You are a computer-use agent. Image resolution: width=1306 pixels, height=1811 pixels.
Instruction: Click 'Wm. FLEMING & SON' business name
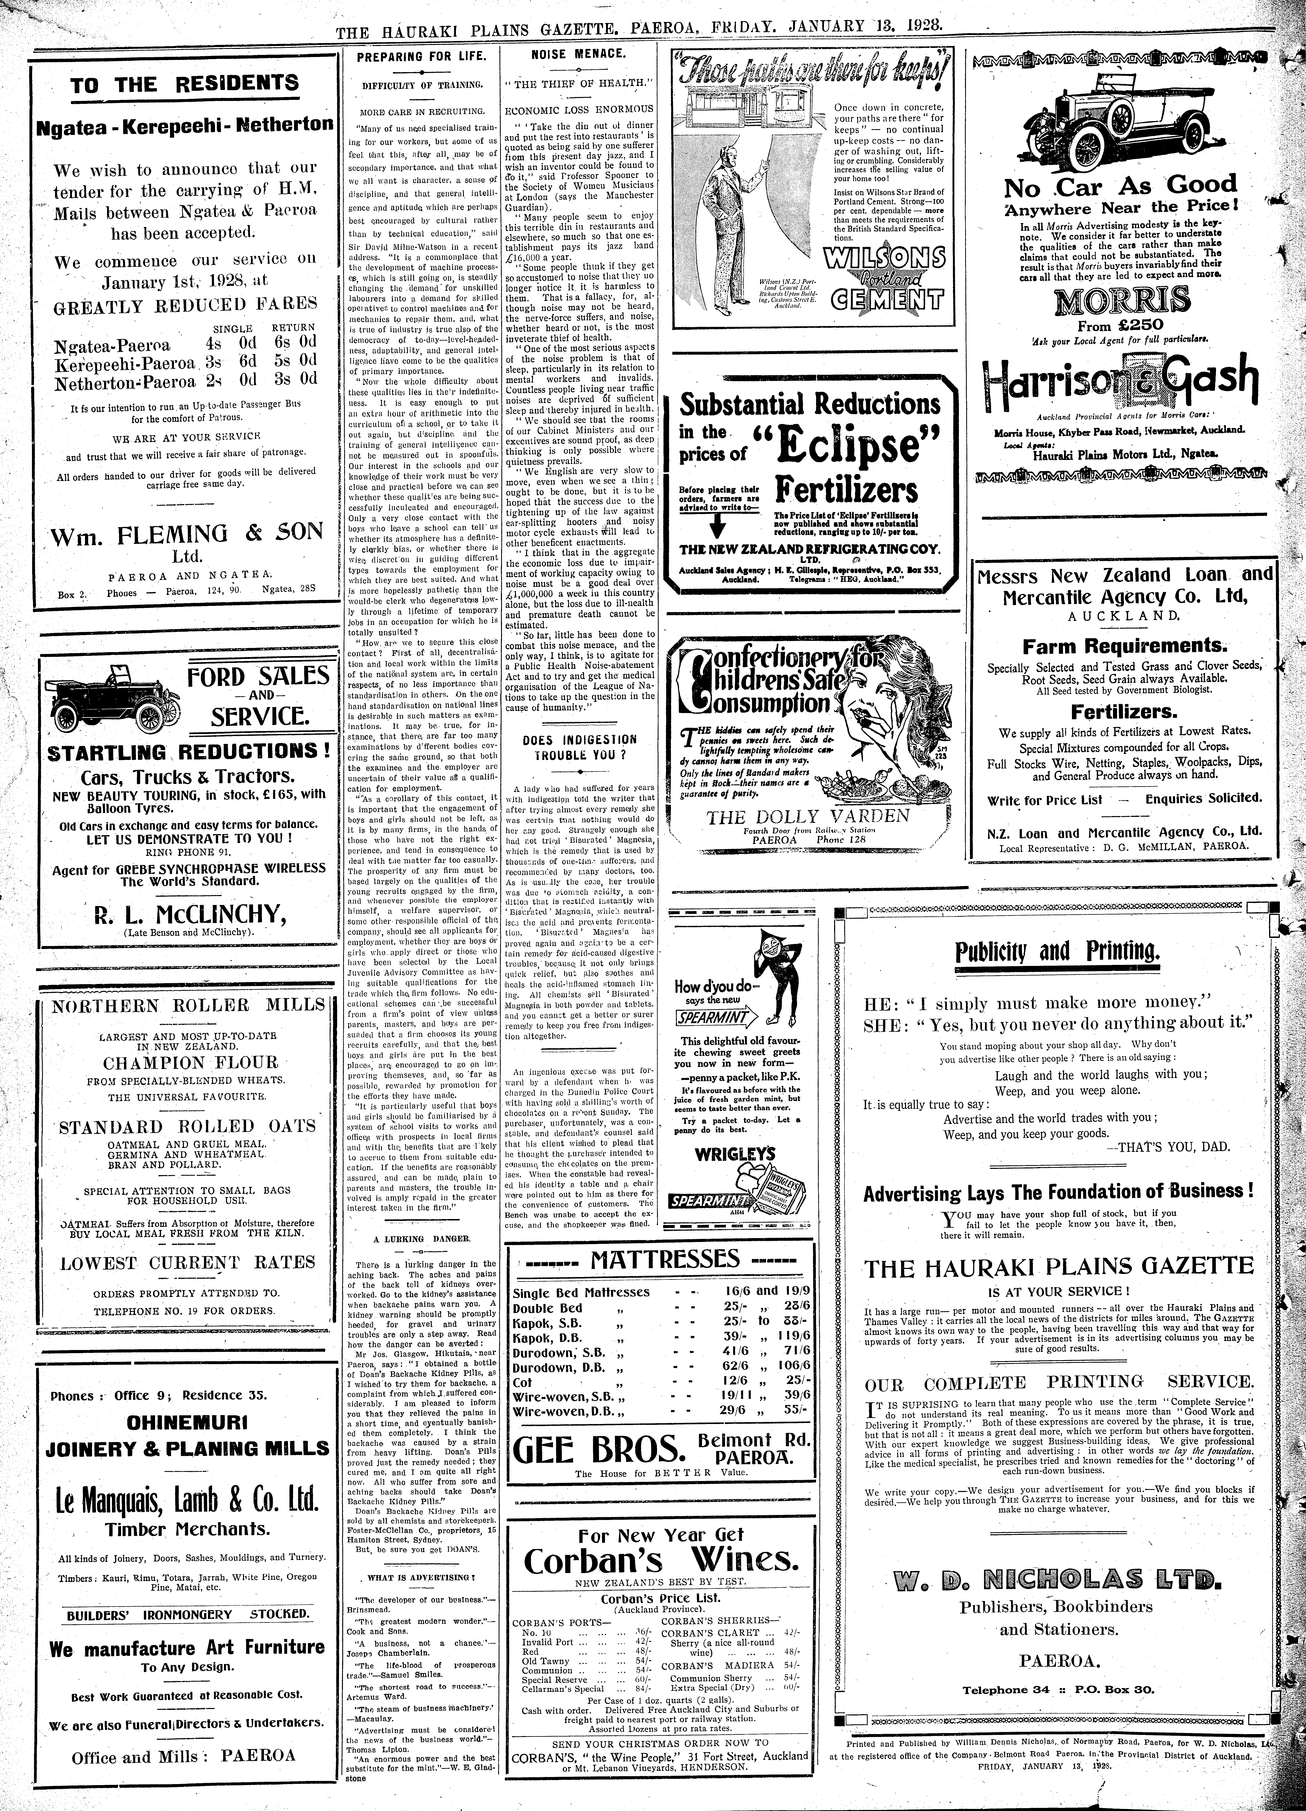pyautogui.click(x=188, y=533)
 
